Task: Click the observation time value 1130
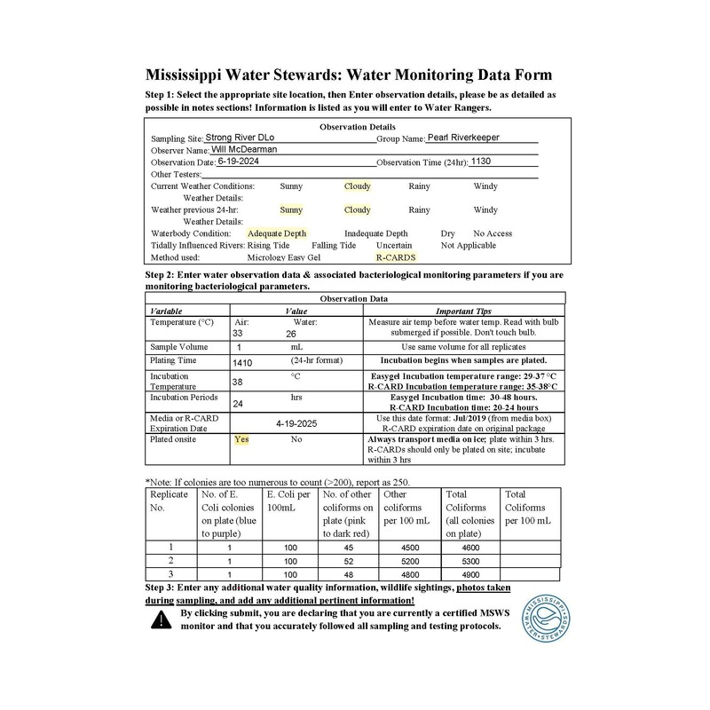[x=479, y=162]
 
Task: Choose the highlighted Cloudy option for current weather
[x=358, y=186]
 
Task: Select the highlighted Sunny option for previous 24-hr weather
[x=291, y=210]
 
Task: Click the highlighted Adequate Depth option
[x=277, y=233]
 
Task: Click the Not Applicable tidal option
[x=469, y=245]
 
